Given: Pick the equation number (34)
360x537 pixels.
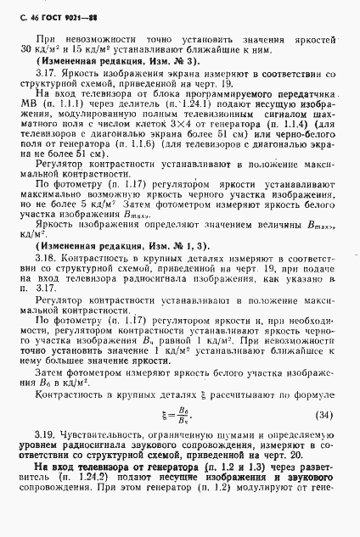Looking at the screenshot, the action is [x=324, y=415].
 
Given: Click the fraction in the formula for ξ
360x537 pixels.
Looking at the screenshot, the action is [x=180, y=416].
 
